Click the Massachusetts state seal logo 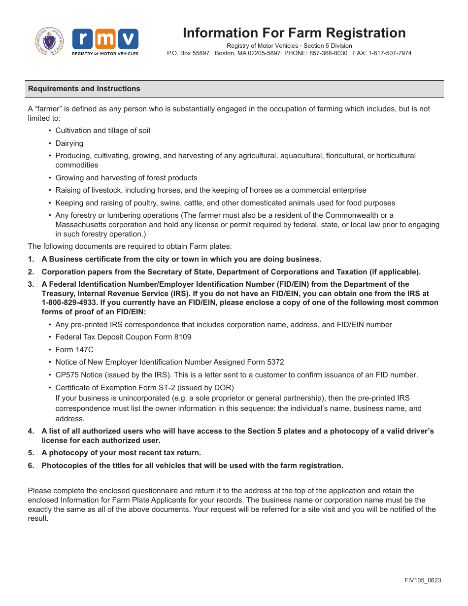[50, 41]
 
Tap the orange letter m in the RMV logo [105, 39]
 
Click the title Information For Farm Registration [294, 33]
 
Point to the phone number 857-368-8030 [328, 53]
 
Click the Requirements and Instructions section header [84, 89]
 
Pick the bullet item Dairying [69, 143]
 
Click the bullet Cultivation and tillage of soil [102, 131]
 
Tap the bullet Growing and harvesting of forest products [126, 178]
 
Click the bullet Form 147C [74, 350]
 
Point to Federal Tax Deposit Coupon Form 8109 [123, 337]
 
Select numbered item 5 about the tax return [121, 453]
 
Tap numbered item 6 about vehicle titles [192, 466]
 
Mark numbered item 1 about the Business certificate [181, 259]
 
